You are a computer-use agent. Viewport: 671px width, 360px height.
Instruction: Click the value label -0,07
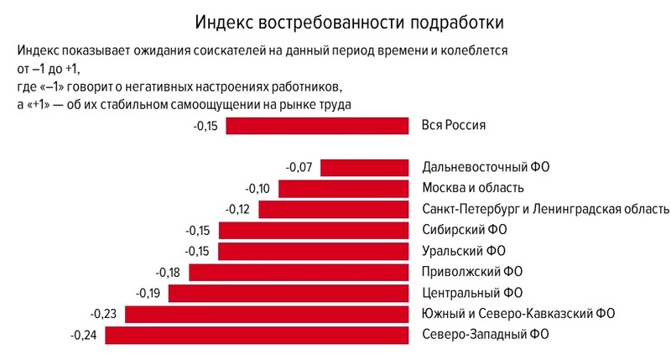pyautogui.click(x=299, y=167)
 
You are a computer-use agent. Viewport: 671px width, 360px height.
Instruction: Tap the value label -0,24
pyautogui.click(x=84, y=336)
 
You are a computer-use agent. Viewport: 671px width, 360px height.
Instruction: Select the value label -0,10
pyautogui.click(x=257, y=188)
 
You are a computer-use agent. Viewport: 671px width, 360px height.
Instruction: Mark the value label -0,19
pyautogui.click(x=148, y=293)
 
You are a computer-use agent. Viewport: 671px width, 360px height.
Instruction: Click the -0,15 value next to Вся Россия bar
pyautogui.click(x=205, y=126)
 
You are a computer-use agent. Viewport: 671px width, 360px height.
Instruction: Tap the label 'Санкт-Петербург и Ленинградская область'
pyautogui.click(x=546, y=209)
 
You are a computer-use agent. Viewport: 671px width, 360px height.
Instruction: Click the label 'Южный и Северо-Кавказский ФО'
pyautogui.click(x=519, y=315)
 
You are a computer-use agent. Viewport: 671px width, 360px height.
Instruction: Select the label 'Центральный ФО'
pyautogui.click(x=472, y=293)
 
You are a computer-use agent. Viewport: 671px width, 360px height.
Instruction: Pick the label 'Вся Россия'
pyautogui.click(x=455, y=126)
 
